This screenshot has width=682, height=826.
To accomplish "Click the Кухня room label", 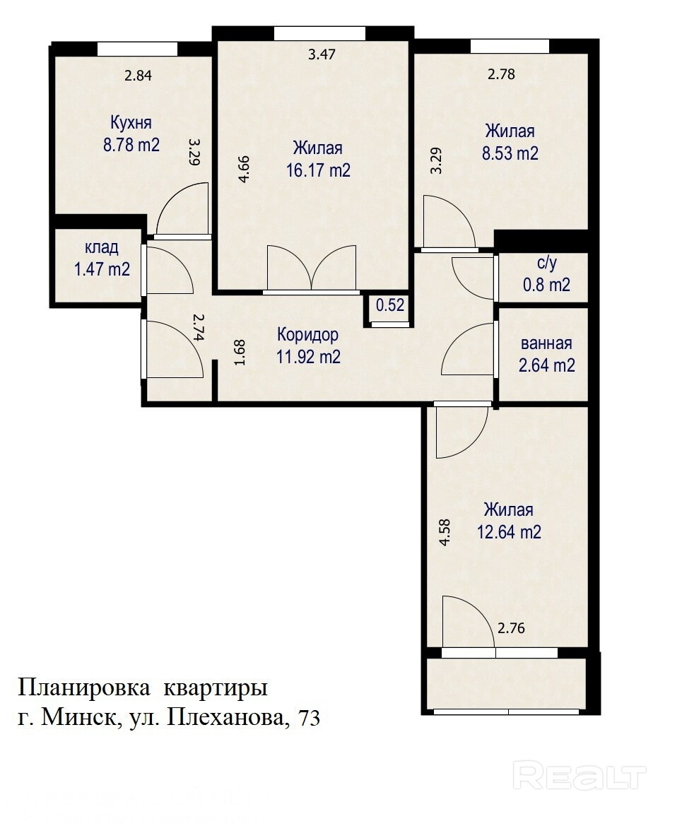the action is (x=131, y=123).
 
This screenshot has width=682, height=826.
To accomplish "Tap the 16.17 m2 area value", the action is (x=318, y=170).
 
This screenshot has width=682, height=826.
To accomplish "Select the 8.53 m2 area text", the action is (x=510, y=153).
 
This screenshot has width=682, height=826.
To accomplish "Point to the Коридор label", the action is (x=308, y=334).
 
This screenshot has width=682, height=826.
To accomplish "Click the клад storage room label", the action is (x=102, y=247).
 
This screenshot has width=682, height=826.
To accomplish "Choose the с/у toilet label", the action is (x=547, y=263).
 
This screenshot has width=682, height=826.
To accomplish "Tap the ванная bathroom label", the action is (x=546, y=343).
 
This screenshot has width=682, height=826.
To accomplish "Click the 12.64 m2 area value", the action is (x=509, y=532).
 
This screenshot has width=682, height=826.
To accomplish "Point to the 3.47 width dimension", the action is (x=322, y=54).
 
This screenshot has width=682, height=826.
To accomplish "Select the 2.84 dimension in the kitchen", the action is (x=138, y=76).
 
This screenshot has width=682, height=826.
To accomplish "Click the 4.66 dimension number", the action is (x=244, y=169).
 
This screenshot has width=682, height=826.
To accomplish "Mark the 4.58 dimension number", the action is (x=445, y=533).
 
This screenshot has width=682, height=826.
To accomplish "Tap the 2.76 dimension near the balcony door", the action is (x=511, y=628).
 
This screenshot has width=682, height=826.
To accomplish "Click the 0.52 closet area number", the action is (x=390, y=305).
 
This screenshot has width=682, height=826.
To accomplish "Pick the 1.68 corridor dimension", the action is (x=240, y=353).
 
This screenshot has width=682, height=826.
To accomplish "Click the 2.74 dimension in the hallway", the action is (x=198, y=328).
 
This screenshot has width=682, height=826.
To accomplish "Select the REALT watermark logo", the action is (x=580, y=775).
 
